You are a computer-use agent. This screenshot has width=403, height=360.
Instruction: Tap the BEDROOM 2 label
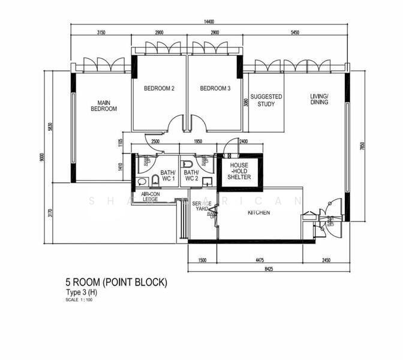point(159,88)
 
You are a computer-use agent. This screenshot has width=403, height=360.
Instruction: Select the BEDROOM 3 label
point(215,88)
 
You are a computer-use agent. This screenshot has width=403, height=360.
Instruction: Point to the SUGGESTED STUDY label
point(266,100)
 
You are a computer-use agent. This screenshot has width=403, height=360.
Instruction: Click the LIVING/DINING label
point(319,99)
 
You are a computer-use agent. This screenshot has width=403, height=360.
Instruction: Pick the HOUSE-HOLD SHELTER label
point(239,171)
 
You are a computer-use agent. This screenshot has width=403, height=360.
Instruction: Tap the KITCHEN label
point(259,212)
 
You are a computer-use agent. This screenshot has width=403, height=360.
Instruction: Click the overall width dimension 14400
point(209,22)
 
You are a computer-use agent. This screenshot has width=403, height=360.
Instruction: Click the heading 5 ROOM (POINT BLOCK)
point(116,282)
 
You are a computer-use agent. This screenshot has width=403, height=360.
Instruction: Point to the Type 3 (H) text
point(82,292)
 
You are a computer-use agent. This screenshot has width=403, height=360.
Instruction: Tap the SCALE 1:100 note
point(79,299)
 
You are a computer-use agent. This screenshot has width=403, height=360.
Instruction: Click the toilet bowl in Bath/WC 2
point(187,163)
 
